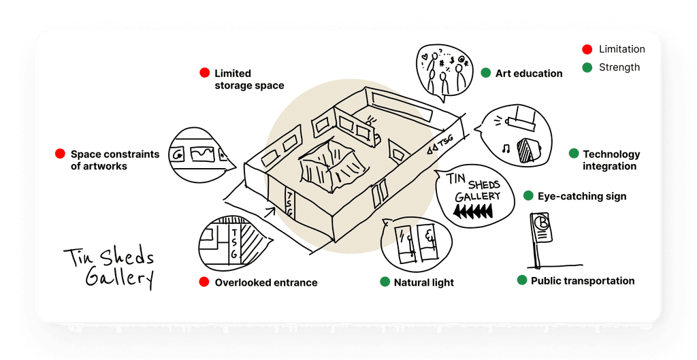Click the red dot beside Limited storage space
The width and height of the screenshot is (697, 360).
204,73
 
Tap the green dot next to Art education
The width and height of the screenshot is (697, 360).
485,73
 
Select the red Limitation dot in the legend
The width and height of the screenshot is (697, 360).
587,49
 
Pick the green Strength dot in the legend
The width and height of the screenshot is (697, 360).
587,67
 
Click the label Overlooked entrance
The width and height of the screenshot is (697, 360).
266,282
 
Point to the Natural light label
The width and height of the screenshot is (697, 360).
423,282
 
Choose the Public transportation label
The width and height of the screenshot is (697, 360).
583,281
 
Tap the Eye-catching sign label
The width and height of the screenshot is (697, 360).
582,197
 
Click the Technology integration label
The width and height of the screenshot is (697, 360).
611,160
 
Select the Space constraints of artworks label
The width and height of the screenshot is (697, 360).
114,160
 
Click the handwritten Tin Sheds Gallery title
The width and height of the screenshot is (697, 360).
110,268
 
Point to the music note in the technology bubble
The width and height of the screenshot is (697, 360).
506,149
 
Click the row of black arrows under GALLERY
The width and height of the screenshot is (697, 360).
473,211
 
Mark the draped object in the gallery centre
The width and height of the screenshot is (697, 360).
334,165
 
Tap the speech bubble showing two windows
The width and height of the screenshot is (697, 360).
416,244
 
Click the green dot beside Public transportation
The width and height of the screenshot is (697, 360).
522,280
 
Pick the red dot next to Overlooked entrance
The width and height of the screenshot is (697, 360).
204,282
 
